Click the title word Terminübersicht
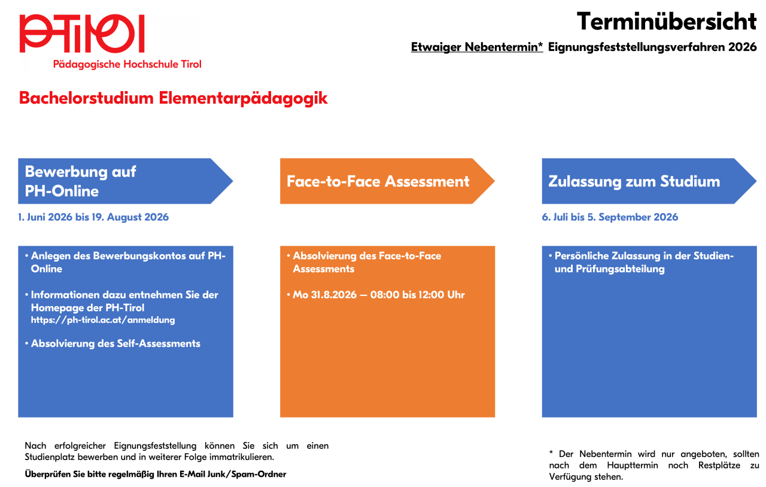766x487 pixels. (667, 21)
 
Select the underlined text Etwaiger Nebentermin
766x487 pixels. (477, 47)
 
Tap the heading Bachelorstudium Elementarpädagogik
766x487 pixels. (173, 99)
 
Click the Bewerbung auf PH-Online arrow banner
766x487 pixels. (126, 181)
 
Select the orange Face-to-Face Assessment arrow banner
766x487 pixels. (387, 181)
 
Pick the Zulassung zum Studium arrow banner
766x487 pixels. (649, 181)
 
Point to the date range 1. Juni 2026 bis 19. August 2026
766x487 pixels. (93, 217)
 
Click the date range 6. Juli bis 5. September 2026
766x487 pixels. (610, 217)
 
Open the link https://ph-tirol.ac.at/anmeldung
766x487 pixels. (103, 320)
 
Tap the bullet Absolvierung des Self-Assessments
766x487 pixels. (115, 343)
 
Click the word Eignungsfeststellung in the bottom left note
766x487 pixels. (155, 446)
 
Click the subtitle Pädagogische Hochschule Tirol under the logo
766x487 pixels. (127, 64)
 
